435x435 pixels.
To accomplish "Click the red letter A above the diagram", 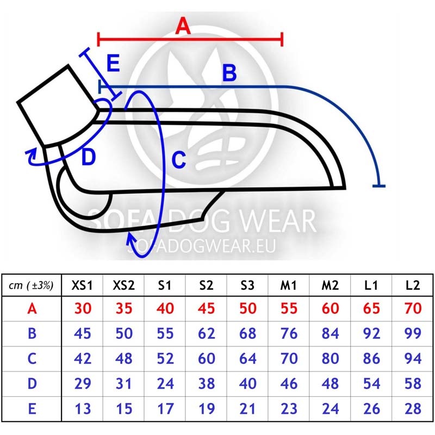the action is pyautogui.click(x=183, y=26).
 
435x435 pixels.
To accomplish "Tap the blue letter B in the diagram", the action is pyautogui.click(x=229, y=73).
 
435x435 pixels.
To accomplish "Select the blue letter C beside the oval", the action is pyautogui.click(x=179, y=159).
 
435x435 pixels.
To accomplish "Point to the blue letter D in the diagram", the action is pyautogui.click(x=89, y=157).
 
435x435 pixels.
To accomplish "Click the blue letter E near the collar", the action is pyautogui.click(x=113, y=63).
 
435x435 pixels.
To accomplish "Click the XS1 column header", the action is pyautogui.click(x=82, y=285).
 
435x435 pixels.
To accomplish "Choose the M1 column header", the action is pyautogui.click(x=289, y=285).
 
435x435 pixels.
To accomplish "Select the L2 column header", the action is pyautogui.click(x=413, y=285).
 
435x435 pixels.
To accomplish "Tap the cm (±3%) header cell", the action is pyautogui.click(x=31, y=285).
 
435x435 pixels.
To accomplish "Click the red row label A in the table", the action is pyautogui.click(x=32, y=308).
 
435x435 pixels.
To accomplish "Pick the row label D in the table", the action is pyautogui.click(x=32, y=383).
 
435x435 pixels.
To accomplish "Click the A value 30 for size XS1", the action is pyautogui.click(x=83, y=308).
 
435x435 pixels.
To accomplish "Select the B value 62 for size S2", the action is pyautogui.click(x=207, y=333).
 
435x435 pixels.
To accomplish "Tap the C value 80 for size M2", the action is pyautogui.click(x=330, y=358).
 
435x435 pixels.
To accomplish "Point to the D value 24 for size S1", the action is pyautogui.click(x=165, y=383).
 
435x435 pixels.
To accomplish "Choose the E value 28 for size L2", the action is pyautogui.click(x=413, y=408).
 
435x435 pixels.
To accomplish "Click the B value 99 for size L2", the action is pyautogui.click(x=413, y=333).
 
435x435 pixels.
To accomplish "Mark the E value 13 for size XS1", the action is pyautogui.click(x=83, y=408).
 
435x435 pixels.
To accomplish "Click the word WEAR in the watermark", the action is pyautogui.click(x=277, y=221).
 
